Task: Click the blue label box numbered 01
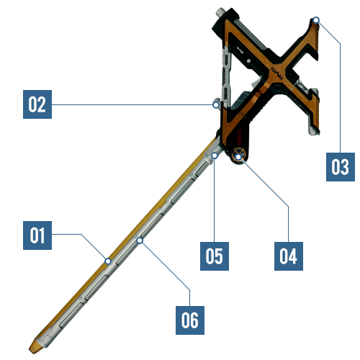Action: [37, 235]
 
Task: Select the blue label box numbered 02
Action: [37, 104]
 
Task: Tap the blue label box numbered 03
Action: [341, 167]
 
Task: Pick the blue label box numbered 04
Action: [289, 256]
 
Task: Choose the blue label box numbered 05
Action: [215, 256]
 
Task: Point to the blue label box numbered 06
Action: [190, 320]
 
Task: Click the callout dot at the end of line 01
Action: [108, 261]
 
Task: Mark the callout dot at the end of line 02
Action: [216, 105]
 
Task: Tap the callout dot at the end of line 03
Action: [316, 19]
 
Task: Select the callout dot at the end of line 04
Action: [238, 157]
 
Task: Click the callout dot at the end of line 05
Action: [215, 156]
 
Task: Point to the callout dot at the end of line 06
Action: [140, 240]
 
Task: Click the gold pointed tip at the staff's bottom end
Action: [34, 348]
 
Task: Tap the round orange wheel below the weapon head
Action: [238, 156]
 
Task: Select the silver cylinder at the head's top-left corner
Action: [221, 12]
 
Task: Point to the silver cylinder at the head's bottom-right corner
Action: [313, 132]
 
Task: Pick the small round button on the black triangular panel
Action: [249, 61]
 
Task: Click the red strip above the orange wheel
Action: [239, 136]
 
